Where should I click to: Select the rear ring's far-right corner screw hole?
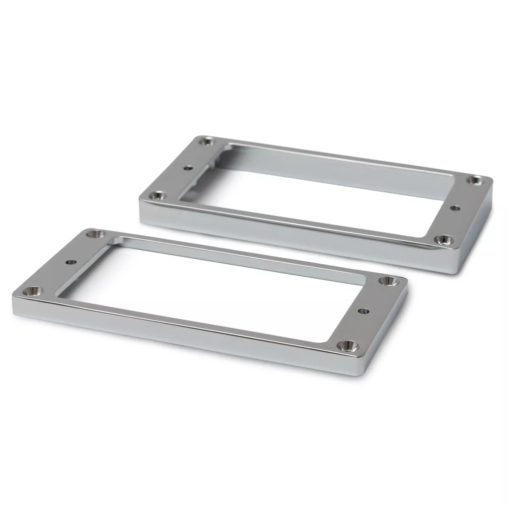(x=474, y=180)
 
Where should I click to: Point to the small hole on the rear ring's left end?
(x=185, y=168)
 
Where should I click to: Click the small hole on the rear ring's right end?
(x=456, y=208)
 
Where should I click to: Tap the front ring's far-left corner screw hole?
(x=92, y=234)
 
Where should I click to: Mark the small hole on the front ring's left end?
(x=68, y=262)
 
